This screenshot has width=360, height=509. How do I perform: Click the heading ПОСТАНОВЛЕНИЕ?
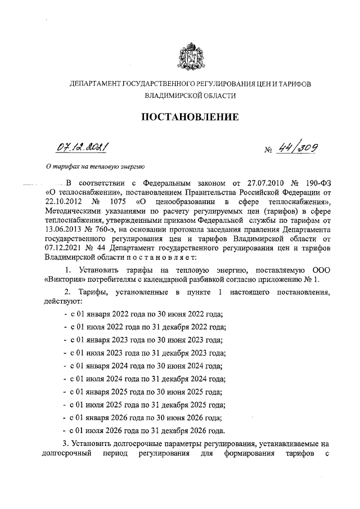click(190, 117)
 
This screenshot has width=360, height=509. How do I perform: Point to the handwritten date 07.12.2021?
click(82, 148)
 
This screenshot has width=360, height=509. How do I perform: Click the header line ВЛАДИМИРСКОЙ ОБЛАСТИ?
click(190, 96)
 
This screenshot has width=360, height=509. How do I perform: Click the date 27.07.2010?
click(253, 183)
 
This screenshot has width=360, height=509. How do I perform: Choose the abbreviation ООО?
click(318, 270)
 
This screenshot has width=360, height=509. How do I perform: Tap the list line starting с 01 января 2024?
click(146, 366)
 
